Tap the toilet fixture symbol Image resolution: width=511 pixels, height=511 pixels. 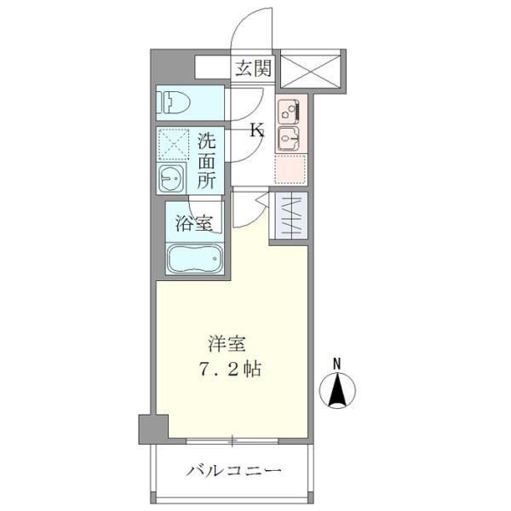point(175,104)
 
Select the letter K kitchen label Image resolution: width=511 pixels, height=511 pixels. point(255,130)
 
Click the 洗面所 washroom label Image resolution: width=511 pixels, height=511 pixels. point(207,159)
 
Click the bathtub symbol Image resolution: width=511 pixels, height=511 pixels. point(193,259)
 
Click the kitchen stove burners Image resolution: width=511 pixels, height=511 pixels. point(288,110)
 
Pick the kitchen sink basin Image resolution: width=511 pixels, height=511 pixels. point(288,139)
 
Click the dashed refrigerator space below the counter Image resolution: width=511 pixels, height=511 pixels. point(289,169)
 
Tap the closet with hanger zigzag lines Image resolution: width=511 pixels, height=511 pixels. point(289,217)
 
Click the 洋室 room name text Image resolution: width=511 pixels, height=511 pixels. point(228,345)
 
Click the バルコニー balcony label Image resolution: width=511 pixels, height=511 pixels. point(233,470)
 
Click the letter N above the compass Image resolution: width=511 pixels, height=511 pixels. point(337,362)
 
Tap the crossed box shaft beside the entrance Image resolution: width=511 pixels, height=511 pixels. point(311,68)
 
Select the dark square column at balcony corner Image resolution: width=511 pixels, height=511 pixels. point(153,428)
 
